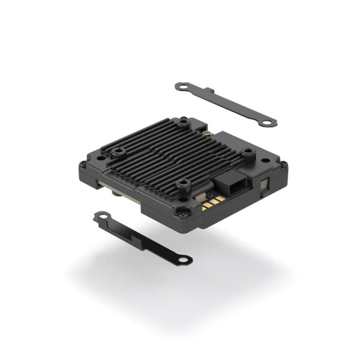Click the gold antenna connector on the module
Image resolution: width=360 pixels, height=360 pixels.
click(x=205, y=131)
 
